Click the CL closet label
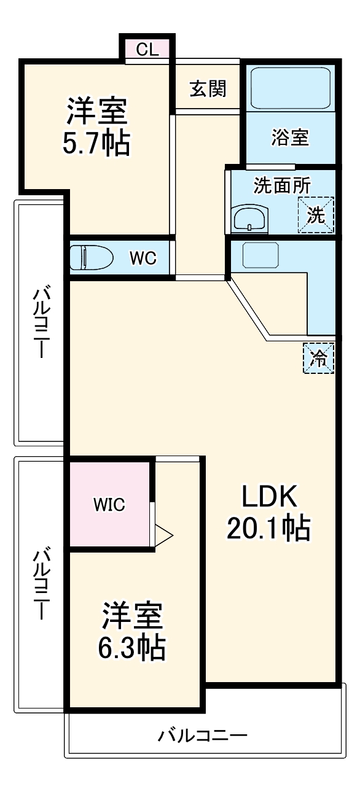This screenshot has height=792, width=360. point(147,49)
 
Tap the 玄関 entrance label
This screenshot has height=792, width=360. point(208,88)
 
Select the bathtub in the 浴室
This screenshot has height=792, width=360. point(291,88)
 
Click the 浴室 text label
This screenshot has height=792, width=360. point(290,138)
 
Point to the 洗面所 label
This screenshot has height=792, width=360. point(282,185)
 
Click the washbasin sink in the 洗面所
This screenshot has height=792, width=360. point(249,218)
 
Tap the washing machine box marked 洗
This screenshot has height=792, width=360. point(316,215)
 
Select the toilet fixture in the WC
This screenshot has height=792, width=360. point(92,258)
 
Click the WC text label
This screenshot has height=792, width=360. point(143,258)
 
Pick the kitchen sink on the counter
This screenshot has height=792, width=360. point(260,255)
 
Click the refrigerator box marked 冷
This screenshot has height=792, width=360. point(319,358)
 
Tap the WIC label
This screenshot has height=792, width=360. point(109,505)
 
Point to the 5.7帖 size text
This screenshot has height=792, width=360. point(96,143)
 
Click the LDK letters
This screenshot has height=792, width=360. point(269,497)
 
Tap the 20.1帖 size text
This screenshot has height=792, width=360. point(268,528)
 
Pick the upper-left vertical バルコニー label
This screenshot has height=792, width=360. point(41,321)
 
